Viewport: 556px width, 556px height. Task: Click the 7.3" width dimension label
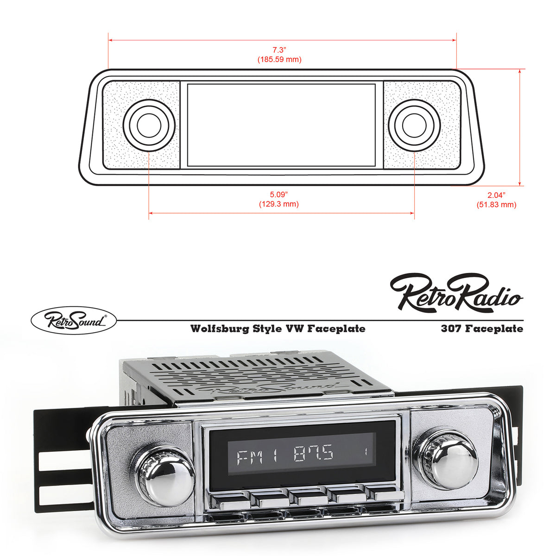point(279,50)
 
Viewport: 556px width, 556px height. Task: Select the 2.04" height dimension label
point(496,195)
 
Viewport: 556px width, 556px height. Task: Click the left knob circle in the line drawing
point(149,125)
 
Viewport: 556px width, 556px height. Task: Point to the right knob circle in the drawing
point(414,125)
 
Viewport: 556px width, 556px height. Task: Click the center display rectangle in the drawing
point(281,125)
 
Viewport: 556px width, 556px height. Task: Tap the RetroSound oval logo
point(73,320)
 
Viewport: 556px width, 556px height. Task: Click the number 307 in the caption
point(451,329)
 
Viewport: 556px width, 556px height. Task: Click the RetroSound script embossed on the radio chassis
point(259,387)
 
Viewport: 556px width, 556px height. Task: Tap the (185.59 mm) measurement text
point(279,59)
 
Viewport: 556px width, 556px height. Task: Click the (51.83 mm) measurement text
point(496,204)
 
